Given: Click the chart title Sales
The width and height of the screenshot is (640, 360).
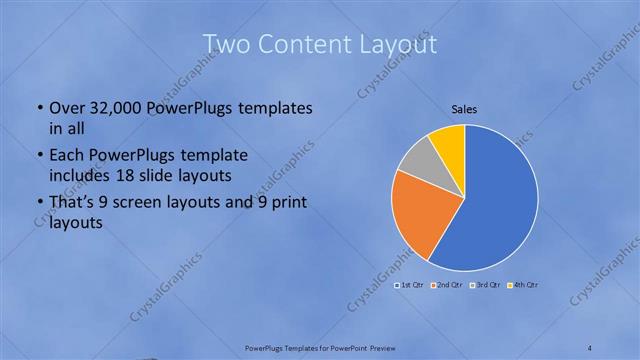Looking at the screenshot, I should click(x=465, y=109).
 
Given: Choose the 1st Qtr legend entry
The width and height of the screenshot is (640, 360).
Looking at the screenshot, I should click(x=411, y=285).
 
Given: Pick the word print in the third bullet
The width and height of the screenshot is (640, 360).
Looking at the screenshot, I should click(x=286, y=205).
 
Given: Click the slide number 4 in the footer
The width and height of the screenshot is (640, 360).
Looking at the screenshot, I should click(x=590, y=348).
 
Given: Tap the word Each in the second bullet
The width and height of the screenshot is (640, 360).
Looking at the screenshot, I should click(x=67, y=156).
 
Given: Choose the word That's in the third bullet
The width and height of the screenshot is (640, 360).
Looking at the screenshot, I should click(x=72, y=205).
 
